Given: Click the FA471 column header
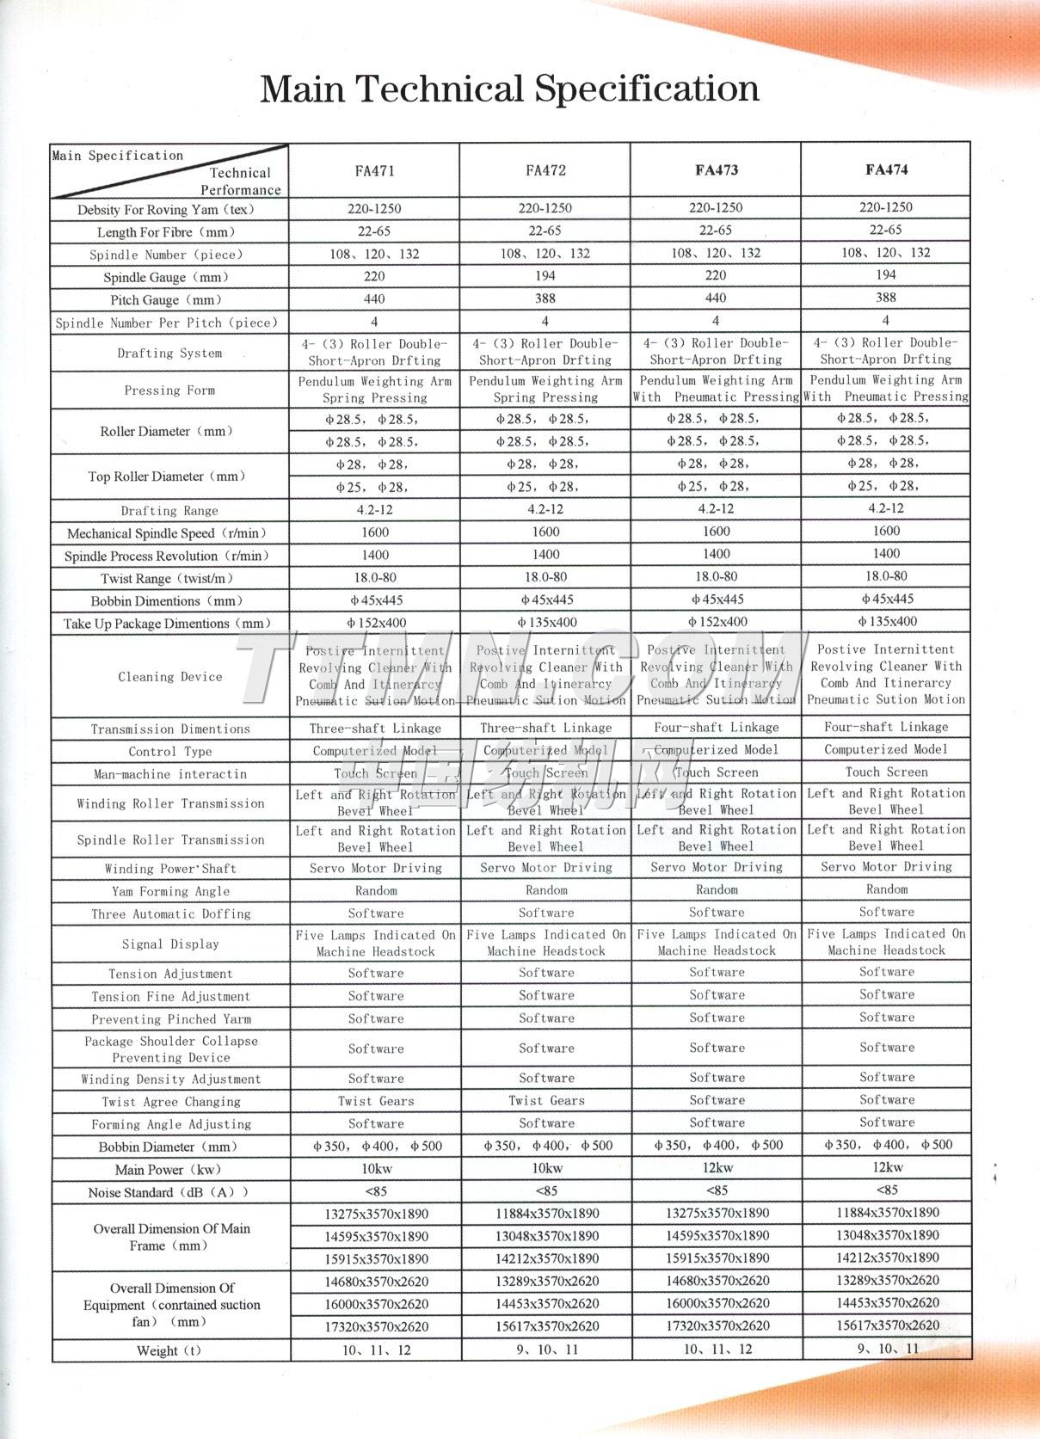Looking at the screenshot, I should pyautogui.click(x=375, y=170).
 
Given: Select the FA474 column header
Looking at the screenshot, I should pyautogui.click(x=886, y=169).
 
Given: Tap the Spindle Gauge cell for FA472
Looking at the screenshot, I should pyautogui.click(x=545, y=276).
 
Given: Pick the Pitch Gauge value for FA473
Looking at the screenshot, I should pyautogui.click(x=716, y=298).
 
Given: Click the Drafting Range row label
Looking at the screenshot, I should pyautogui.click(x=169, y=510).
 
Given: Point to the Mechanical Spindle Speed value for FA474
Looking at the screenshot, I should pyautogui.click(x=886, y=531).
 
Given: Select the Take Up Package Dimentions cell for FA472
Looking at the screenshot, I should pyautogui.click(x=545, y=622).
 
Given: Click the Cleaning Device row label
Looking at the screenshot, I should pyautogui.click(x=170, y=677).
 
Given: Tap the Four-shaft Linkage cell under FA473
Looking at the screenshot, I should pyautogui.click(x=716, y=727).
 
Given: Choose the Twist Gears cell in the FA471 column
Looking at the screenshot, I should pyautogui.click(x=376, y=1101).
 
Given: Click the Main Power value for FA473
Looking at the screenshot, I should pyautogui.click(x=717, y=1167).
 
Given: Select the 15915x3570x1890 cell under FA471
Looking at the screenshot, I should pyautogui.click(x=376, y=1258).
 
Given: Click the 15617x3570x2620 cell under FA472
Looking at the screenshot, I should pyautogui.click(x=546, y=1326).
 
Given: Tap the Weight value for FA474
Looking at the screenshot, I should pyautogui.click(x=887, y=1349).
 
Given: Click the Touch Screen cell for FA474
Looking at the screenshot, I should pyautogui.click(x=886, y=772).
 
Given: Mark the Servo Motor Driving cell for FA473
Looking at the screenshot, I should pyautogui.click(x=716, y=867).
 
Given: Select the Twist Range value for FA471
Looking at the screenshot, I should pyautogui.click(x=375, y=578).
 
